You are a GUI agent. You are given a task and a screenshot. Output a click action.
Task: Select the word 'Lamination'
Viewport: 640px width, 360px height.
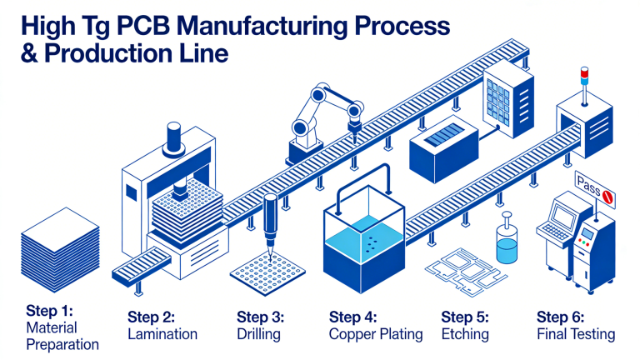click(x=162, y=334)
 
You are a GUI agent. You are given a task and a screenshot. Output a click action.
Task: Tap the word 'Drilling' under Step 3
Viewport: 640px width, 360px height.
click(x=258, y=334)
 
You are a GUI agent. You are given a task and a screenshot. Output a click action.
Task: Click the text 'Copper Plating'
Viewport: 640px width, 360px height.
click(x=376, y=334)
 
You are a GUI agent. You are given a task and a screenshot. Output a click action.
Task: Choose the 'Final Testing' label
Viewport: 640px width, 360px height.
click(x=576, y=334)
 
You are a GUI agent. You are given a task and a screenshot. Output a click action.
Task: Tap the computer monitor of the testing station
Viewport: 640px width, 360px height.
click(x=563, y=219)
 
